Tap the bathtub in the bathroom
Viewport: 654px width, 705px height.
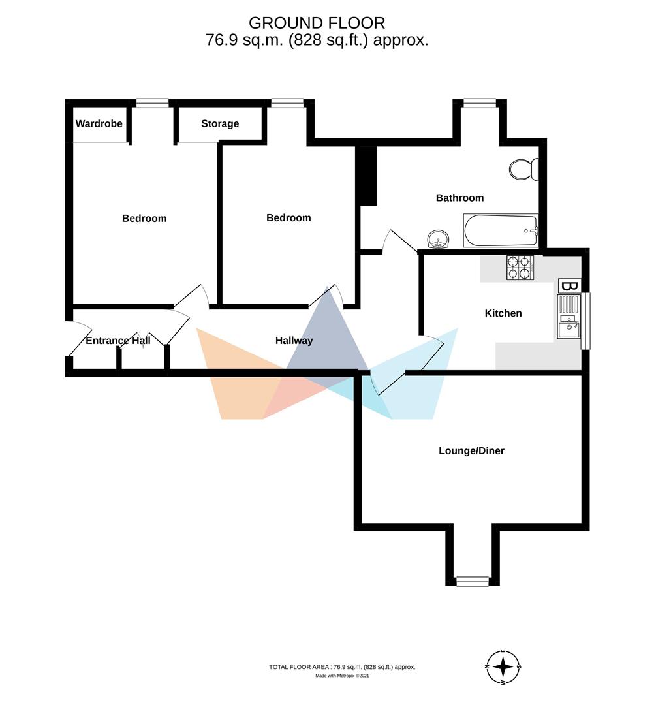(x=500, y=230)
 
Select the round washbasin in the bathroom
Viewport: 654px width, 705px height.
(x=438, y=239)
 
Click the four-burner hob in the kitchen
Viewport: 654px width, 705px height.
(x=520, y=268)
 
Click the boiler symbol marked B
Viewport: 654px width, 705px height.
(x=570, y=286)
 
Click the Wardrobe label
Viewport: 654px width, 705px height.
(x=99, y=123)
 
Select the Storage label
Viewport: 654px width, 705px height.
(x=220, y=123)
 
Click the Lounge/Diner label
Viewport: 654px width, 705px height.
(x=471, y=450)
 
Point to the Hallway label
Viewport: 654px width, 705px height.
(x=294, y=341)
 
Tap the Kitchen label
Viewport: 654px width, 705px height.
(x=503, y=313)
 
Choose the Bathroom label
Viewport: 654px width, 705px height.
(x=459, y=198)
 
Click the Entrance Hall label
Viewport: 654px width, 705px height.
(x=118, y=341)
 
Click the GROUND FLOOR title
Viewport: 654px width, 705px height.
(x=317, y=23)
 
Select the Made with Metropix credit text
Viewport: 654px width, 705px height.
(x=342, y=676)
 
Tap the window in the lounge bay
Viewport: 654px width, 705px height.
(x=473, y=582)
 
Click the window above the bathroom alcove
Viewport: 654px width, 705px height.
(x=480, y=103)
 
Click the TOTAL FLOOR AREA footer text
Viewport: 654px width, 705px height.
(x=342, y=667)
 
